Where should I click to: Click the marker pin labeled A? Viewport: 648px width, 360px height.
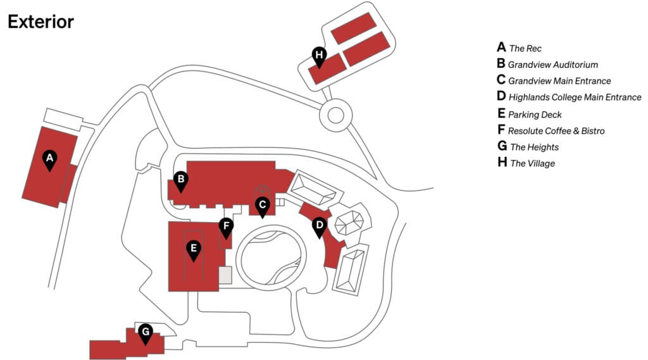(x=49, y=159)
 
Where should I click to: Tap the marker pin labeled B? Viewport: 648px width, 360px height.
(x=181, y=181)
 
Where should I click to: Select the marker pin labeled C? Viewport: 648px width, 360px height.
(x=262, y=206)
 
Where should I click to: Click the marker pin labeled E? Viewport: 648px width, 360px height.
(x=194, y=249)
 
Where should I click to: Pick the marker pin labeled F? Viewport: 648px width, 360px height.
(x=226, y=227)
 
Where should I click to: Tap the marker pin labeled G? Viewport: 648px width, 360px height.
(x=146, y=333)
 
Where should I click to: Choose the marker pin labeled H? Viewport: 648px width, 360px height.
(x=320, y=56)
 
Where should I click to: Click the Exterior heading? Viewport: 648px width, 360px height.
(x=40, y=22)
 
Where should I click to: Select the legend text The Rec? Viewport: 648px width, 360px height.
(x=525, y=48)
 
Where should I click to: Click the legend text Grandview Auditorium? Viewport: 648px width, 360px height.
(x=552, y=65)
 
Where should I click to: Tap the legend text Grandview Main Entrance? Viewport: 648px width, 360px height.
(x=559, y=81)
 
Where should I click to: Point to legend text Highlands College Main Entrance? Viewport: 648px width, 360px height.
(x=575, y=97)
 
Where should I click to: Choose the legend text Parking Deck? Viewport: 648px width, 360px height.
(x=535, y=115)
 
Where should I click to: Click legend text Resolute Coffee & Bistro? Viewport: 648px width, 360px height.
(x=556, y=131)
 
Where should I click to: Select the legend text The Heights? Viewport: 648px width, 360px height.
(x=534, y=147)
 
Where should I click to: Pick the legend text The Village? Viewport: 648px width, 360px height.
(x=532, y=164)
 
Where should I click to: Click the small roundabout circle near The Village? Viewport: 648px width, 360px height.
(x=335, y=115)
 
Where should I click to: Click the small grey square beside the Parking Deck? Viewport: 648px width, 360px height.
(x=225, y=275)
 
